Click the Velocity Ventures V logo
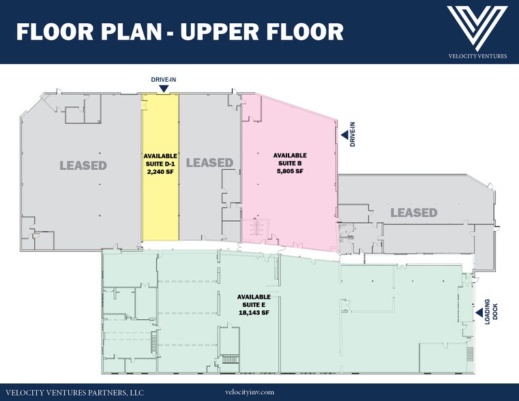[477, 26]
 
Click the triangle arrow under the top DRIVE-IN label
[163, 87]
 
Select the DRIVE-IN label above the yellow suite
[163, 79]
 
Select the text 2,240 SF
[160, 172]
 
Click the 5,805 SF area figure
[289, 172]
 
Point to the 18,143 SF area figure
[254, 313]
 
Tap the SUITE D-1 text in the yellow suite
[160, 164]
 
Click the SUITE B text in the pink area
[289, 164]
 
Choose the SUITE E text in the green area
[254, 305]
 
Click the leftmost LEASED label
[83, 165]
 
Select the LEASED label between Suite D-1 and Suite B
[209, 162]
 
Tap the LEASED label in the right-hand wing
[413, 213]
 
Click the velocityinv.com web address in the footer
[249, 392]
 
